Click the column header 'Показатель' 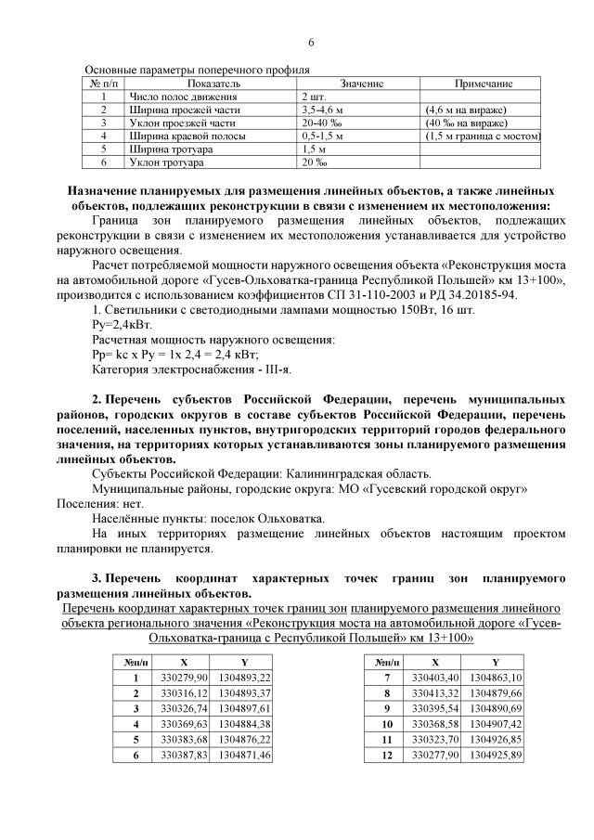200,84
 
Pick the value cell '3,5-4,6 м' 323,110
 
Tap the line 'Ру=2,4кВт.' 123,326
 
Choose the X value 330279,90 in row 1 184,678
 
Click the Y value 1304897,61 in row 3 243,708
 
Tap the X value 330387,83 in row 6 184,755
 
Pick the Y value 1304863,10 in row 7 497,678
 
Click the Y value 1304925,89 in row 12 497,755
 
